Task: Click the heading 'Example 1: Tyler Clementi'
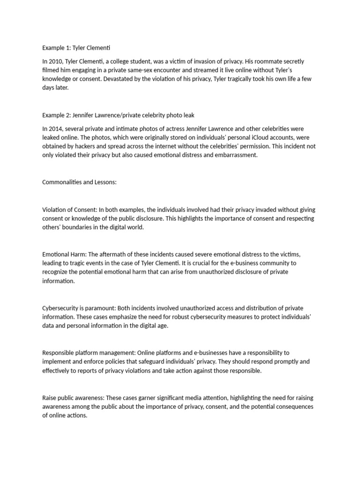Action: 76,48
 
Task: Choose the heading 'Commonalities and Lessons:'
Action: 79,182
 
